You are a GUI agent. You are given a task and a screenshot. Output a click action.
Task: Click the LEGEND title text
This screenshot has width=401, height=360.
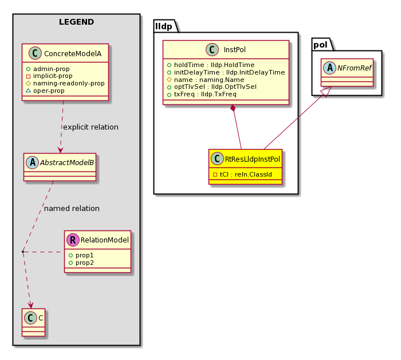point(76,22)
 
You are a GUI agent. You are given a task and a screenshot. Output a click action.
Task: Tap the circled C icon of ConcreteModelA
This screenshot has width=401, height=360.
point(35,53)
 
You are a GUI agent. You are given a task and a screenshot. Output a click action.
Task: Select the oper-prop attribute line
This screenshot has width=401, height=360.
point(45,91)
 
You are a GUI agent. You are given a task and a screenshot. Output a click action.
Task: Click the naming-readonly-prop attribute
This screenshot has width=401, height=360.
point(65,84)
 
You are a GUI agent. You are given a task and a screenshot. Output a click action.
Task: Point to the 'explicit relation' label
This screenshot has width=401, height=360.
point(91,127)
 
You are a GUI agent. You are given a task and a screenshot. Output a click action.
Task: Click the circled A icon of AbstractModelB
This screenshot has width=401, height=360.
point(33,163)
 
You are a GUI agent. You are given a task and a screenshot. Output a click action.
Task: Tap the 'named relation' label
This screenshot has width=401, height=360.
point(72,209)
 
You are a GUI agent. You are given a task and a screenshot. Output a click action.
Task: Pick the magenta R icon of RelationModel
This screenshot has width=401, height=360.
point(73,240)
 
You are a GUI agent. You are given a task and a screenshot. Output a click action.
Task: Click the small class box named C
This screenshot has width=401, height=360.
point(34,322)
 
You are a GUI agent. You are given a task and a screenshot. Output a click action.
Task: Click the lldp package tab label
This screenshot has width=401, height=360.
point(164,26)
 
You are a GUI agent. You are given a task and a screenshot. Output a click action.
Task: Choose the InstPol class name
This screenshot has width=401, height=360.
point(234,50)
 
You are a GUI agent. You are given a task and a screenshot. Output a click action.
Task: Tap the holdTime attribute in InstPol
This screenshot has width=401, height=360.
point(211,65)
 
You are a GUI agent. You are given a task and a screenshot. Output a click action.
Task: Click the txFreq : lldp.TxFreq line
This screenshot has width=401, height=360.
point(202,95)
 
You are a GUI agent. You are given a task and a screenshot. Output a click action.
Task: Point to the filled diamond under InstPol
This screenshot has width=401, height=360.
point(233,108)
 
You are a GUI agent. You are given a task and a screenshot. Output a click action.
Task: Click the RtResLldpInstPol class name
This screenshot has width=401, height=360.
point(253,159)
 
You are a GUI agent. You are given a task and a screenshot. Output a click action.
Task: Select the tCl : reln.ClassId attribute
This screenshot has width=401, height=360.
point(242,174)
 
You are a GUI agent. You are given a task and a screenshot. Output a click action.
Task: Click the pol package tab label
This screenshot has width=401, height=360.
point(320,45)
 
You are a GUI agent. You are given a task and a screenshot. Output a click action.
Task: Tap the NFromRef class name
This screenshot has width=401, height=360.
point(354,68)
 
